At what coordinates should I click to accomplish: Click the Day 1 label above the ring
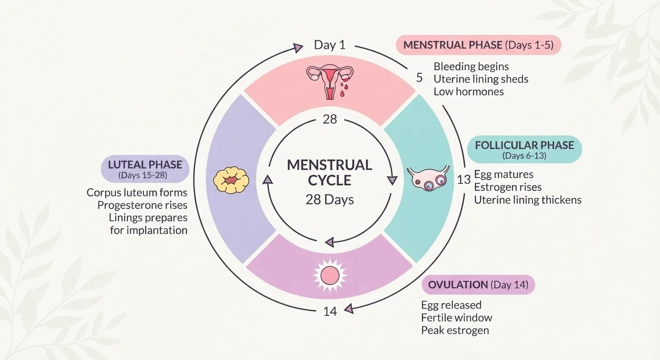(x=330, y=45)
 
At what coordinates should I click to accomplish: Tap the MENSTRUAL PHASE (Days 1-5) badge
(x=479, y=45)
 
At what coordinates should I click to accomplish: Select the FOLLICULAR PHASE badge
(x=525, y=150)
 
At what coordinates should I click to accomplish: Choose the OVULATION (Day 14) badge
(x=478, y=285)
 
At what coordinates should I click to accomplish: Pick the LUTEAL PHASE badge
(x=145, y=169)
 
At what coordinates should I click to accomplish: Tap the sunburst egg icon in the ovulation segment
(x=330, y=276)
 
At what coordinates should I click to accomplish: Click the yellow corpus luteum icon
(x=231, y=180)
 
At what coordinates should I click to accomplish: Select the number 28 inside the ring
(x=330, y=120)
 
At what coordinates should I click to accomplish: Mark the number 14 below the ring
(x=330, y=311)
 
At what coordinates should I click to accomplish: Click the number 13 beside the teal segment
(x=464, y=180)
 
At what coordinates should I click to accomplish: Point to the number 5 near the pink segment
(x=419, y=78)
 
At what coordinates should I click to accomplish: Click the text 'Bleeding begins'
(x=471, y=67)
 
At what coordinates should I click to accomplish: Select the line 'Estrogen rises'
(x=508, y=187)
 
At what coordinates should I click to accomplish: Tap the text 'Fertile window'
(x=457, y=317)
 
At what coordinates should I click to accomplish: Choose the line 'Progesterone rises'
(x=142, y=205)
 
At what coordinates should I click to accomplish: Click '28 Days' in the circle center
(x=330, y=200)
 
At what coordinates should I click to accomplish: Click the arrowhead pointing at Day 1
(x=298, y=48)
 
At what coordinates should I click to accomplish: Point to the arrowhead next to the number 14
(x=349, y=309)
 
